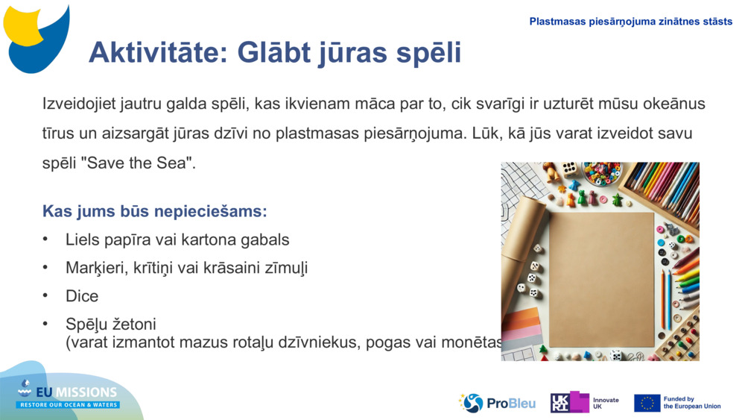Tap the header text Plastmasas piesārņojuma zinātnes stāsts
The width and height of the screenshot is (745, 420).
[630, 22]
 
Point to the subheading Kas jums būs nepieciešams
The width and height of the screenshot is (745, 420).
[154, 211]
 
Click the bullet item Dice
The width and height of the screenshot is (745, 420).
[82, 296]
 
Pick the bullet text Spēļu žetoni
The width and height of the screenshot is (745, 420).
[111, 325]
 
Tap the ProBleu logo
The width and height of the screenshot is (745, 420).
[497, 403]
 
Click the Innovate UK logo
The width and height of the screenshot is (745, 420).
[585, 403]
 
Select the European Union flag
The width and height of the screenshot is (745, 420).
[647, 403]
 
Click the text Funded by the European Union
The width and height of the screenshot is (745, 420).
[691, 403]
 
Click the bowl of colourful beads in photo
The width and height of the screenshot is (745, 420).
[601, 173]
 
